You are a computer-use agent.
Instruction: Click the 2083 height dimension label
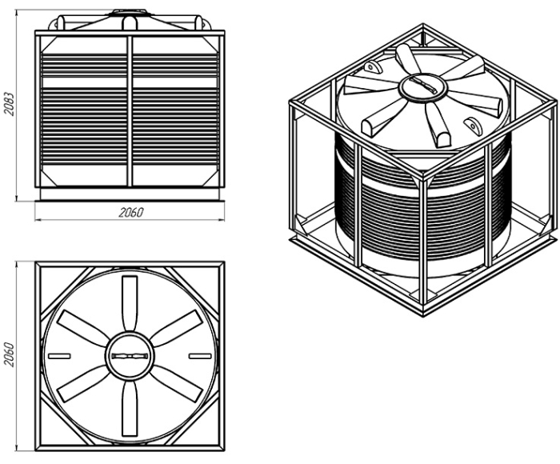pyautogui.click(x=9, y=104)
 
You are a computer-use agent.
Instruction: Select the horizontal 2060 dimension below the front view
pyautogui.click(x=130, y=213)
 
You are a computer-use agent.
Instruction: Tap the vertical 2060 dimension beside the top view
pyautogui.click(x=9, y=354)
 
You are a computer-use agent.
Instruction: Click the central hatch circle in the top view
pyautogui.click(x=130, y=356)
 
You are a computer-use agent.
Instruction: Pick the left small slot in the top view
pyautogui.click(x=59, y=356)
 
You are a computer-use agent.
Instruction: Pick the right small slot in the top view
pyautogui.click(x=200, y=356)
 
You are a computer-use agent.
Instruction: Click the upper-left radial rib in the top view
pyautogui.click(x=83, y=329)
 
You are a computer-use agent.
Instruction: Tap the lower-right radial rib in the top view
pyautogui.click(x=176, y=384)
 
